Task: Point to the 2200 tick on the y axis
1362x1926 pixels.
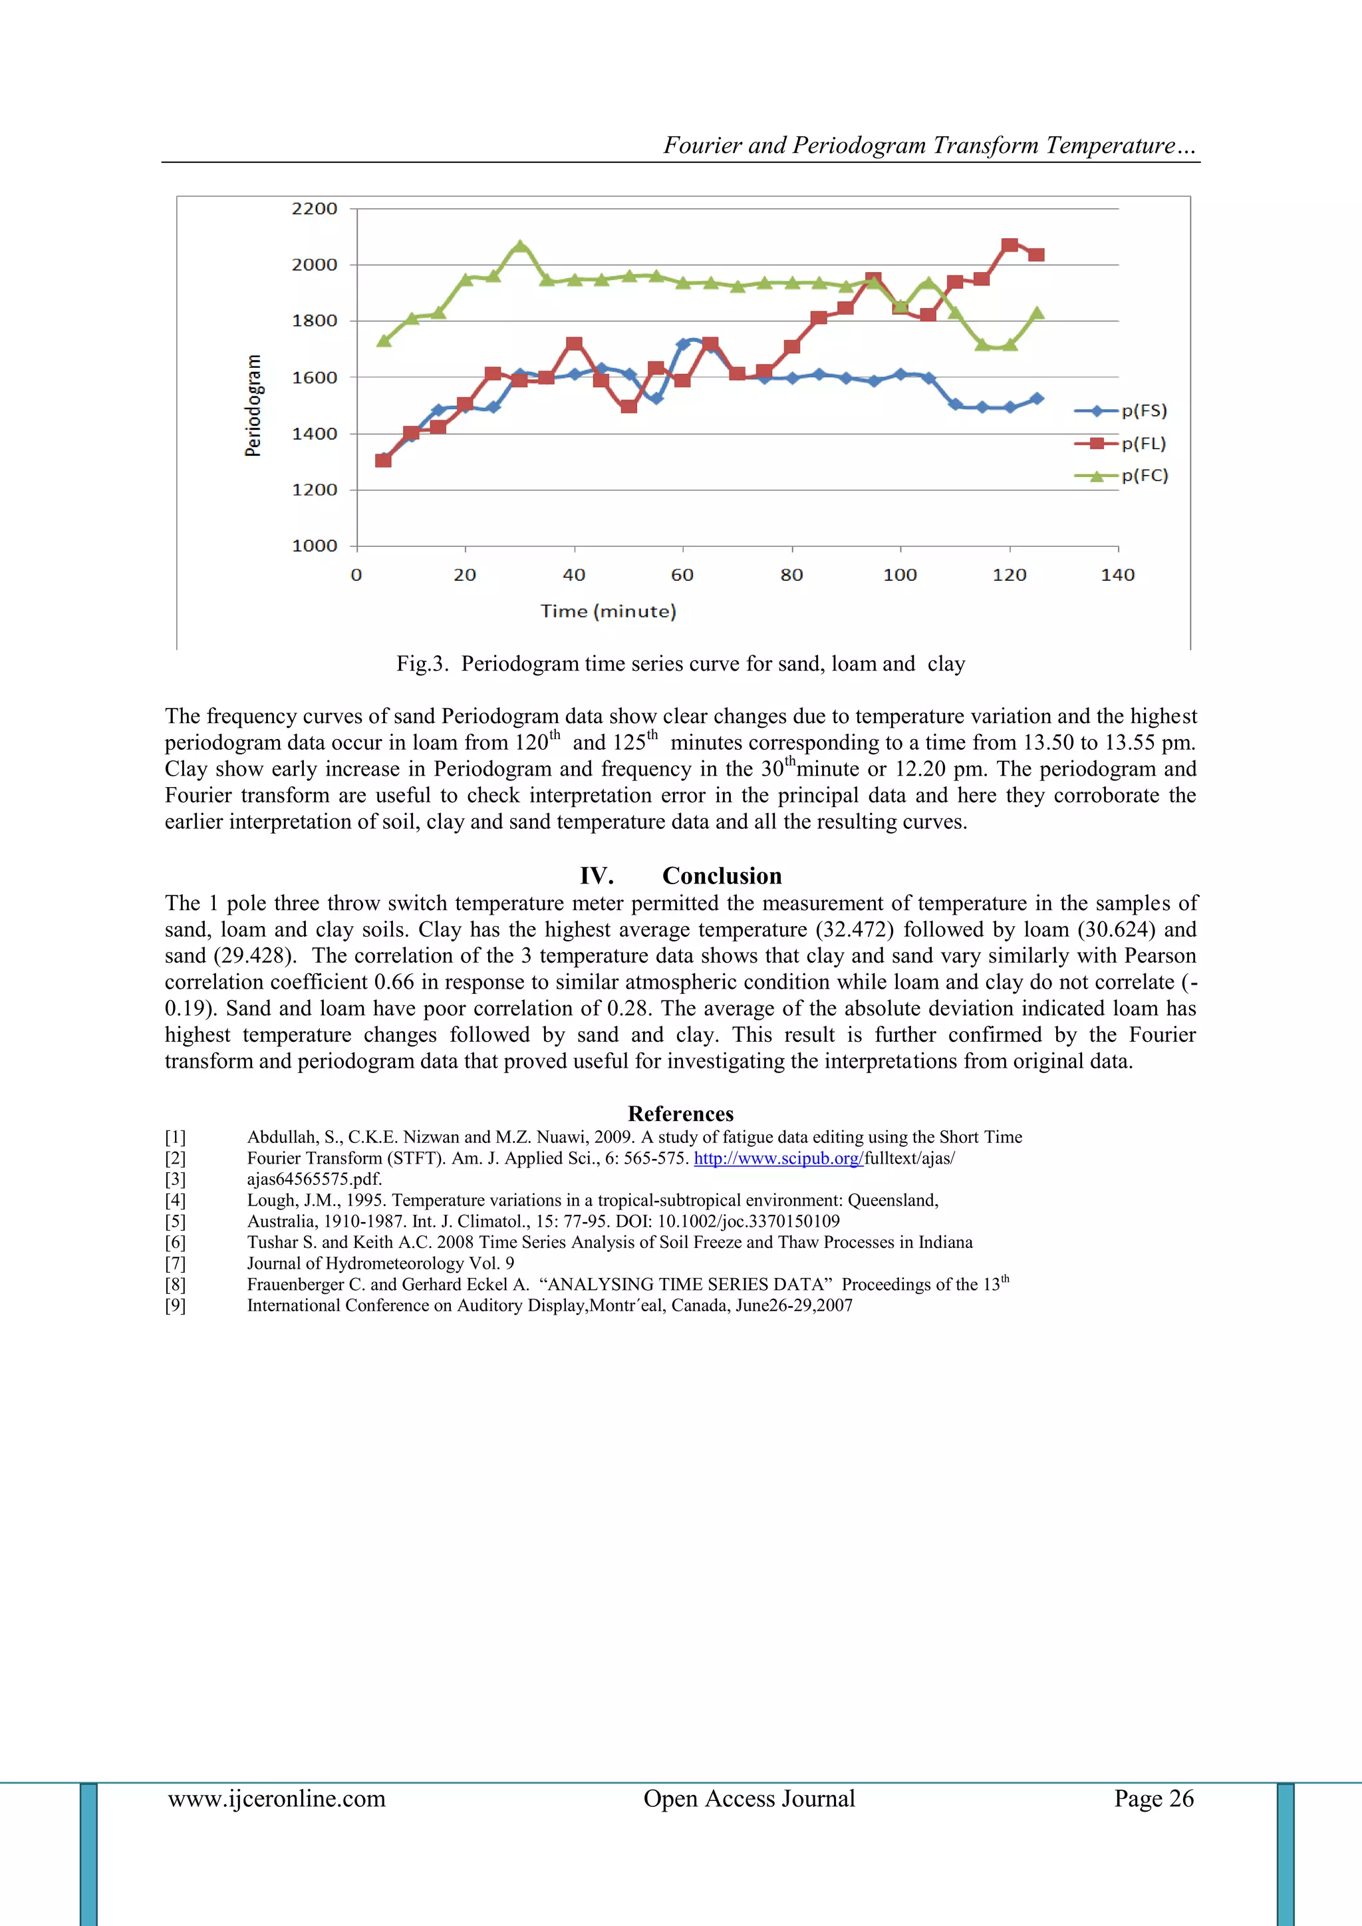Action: [x=315, y=209]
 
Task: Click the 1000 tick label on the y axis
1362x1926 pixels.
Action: [x=315, y=546]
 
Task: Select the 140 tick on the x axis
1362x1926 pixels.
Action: [x=1117, y=575]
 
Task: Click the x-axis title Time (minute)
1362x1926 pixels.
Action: [x=608, y=611]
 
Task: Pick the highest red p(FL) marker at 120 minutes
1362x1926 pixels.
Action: [x=1010, y=245]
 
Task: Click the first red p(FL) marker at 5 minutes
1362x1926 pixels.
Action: [x=383, y=460]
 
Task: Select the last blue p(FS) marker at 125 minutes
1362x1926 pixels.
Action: [x=1037, y=399]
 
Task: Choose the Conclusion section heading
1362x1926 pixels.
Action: [x=722, y=876]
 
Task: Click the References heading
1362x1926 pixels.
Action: [x=680, y=1114]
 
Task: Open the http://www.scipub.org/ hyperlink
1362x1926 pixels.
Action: [x=777, y=1158]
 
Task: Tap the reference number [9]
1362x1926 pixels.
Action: [x=176, y=1305]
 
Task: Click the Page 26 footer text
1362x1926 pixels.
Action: [x=1153, y=1798]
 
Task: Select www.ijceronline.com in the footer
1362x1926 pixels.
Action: [x=277, y=1798]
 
